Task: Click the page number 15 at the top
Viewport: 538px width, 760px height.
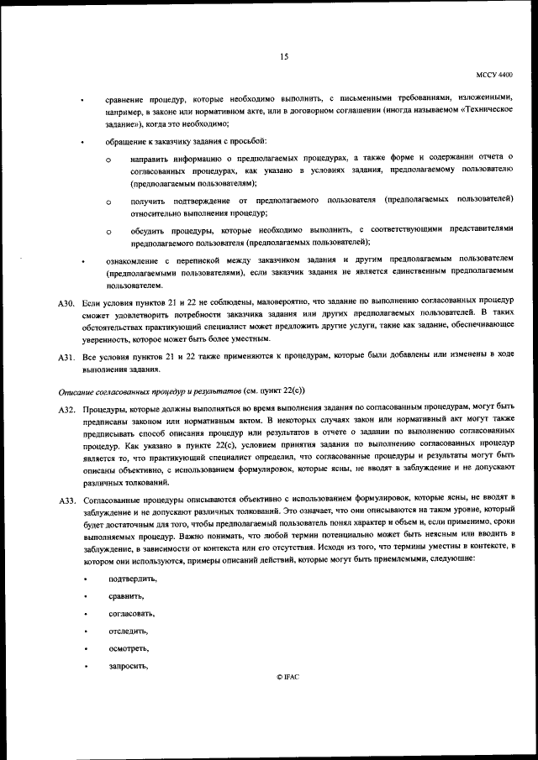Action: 284,56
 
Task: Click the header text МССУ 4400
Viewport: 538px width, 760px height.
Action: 495,75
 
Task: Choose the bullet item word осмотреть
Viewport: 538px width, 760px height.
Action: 129,648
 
